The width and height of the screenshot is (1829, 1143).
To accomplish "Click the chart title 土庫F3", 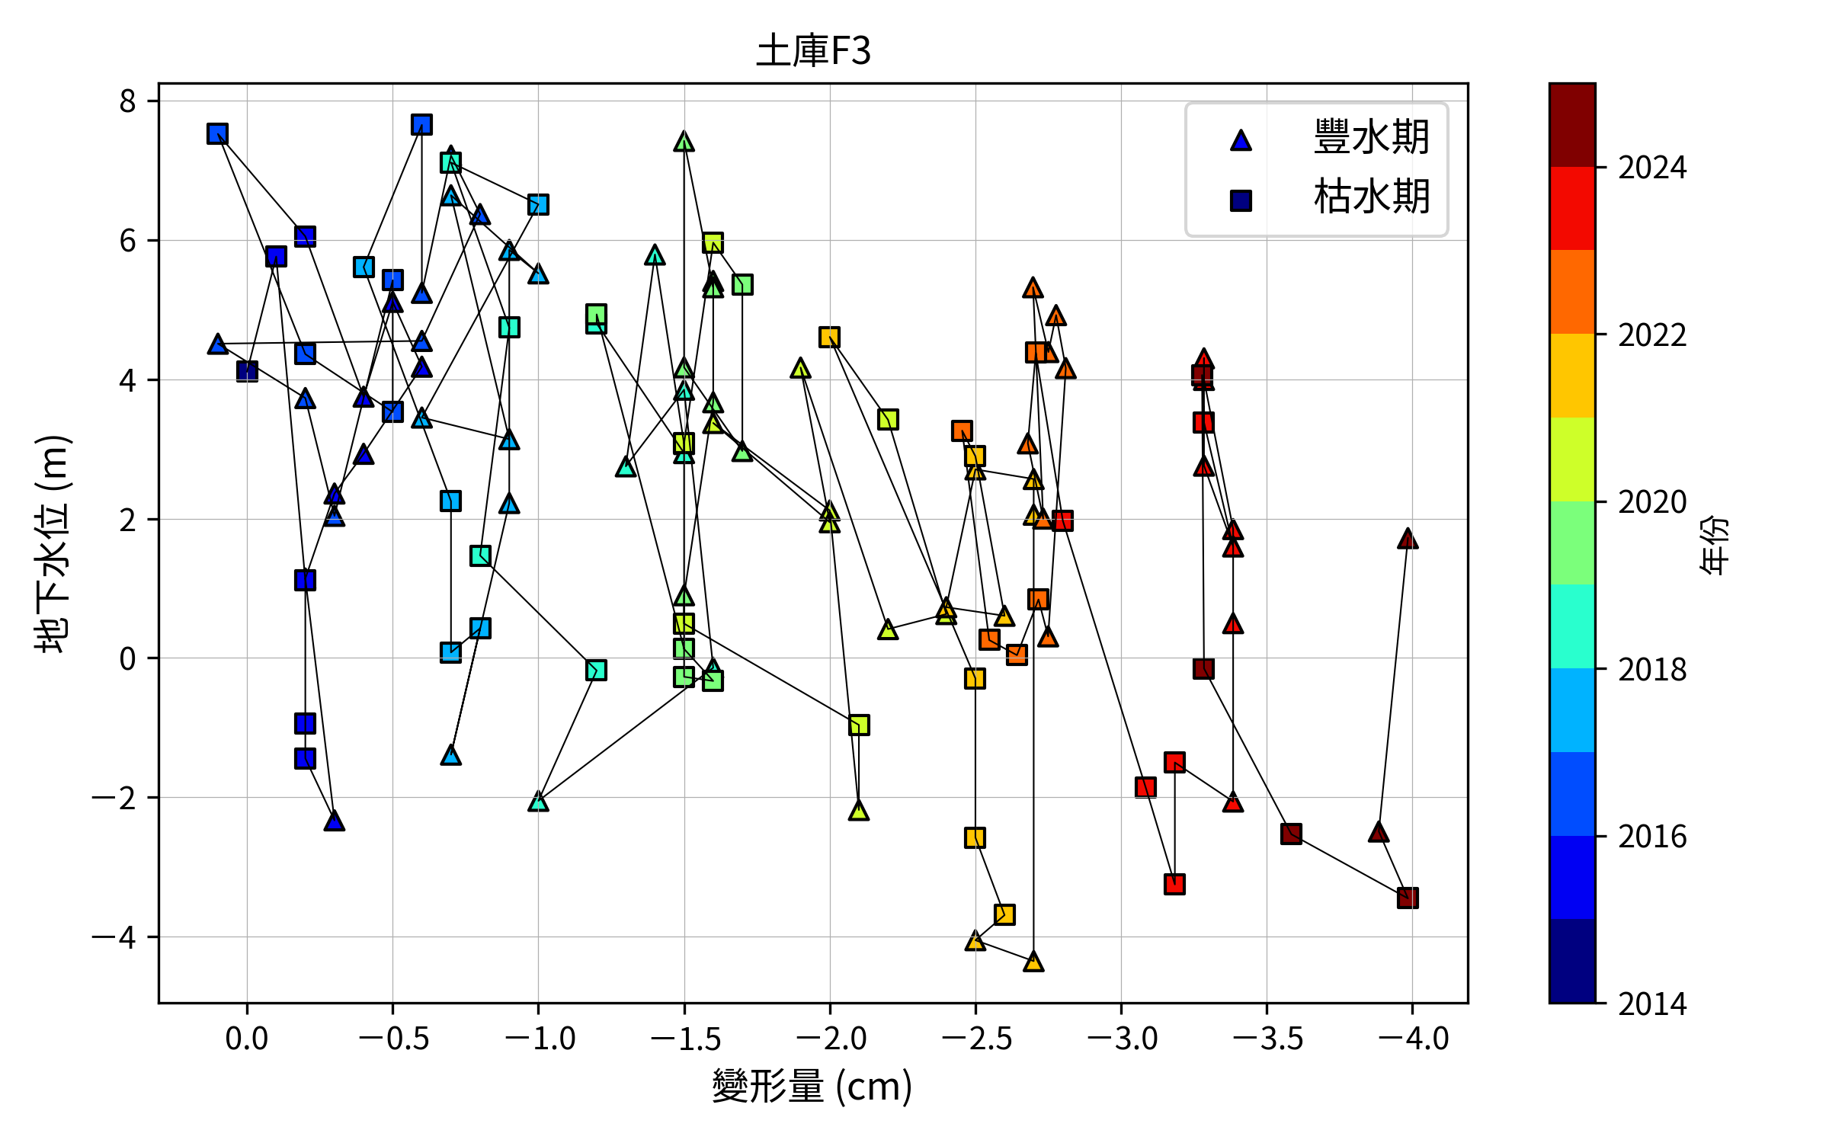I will [x=813, y=51].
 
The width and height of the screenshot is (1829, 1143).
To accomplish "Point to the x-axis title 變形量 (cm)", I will [x=812, y=1086].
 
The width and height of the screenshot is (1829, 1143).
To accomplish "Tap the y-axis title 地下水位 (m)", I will [x=53, y=543].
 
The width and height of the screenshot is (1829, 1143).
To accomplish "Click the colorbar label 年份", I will [x=1715, y=543].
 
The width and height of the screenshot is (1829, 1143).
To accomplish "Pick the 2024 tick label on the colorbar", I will [x=1652, y=168].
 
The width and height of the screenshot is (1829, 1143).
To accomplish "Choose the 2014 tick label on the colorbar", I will [x=1652, y=1004].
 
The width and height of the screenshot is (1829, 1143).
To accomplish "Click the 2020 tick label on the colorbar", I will [x=1652, y=502].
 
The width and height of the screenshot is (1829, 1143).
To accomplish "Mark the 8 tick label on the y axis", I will [x=127, y=101].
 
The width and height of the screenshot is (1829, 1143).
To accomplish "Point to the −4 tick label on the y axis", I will [x=114, y=937].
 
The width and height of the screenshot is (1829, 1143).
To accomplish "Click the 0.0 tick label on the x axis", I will [x=246, y=1039].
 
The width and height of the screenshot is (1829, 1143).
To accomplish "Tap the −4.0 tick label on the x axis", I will [x=1413, y=1039].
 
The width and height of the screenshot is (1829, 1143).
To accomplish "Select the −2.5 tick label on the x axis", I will [x=976, y=1039].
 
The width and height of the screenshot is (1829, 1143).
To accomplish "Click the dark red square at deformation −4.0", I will [x=1408, y=898].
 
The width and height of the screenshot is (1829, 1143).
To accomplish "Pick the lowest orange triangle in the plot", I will [x=1033, y=962].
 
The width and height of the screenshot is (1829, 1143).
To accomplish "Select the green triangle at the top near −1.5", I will [x=684, y=142].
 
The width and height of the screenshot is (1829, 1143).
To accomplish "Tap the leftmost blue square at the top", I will [x=218, y=134].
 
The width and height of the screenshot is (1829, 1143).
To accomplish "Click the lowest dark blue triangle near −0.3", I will [x=334, y=821].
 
